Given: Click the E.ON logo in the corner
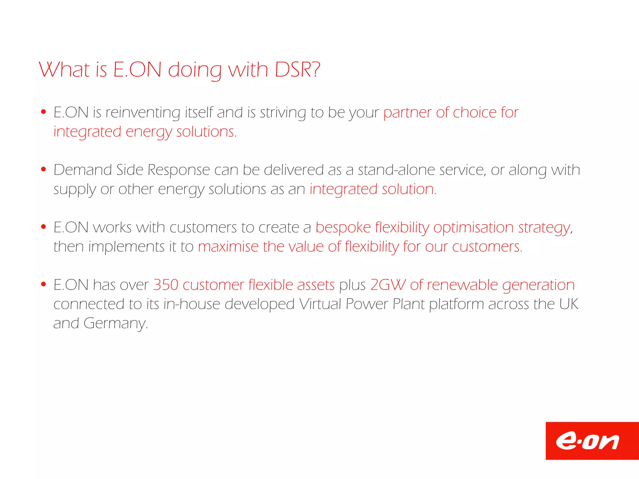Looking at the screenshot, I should (592, 441).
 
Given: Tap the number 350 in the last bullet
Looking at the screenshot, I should (166, 285).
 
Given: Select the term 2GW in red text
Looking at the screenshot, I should (388, 285).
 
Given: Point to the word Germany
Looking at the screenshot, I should (115, 323).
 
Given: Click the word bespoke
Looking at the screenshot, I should (343, 227).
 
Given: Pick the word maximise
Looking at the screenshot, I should (228, 247).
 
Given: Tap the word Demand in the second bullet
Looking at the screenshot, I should (83, 170).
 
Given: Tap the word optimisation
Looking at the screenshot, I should (473, 227).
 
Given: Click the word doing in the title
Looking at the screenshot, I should (195, 70).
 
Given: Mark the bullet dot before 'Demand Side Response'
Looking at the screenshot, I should (44, 169).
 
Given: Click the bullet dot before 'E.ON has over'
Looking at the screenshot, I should (44, 284).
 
